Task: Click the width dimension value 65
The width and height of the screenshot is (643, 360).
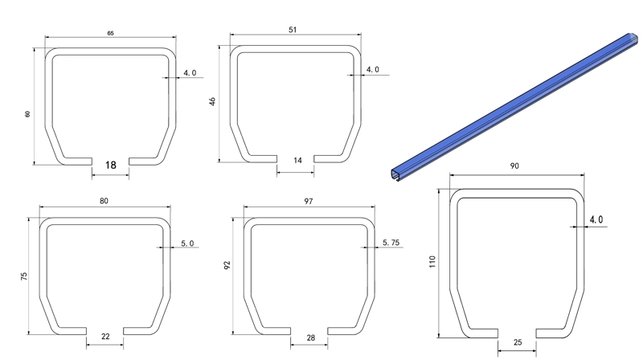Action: click(109, 33)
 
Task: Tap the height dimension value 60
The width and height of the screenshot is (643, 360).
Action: click(27, 114)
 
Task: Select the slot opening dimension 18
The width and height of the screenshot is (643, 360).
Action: click(110, 165)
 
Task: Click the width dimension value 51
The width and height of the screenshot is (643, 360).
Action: click(293, 30)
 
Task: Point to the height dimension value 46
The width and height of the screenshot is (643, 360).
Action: click(213, 103)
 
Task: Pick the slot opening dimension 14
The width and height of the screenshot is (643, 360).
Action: click(297, 161)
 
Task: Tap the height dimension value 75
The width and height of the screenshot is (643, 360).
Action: click(25, 276)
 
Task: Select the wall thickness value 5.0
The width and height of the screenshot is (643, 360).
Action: click(187, 243)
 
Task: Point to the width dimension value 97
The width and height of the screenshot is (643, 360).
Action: click(309, 201)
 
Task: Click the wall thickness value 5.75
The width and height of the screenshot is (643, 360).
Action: click(393, 243)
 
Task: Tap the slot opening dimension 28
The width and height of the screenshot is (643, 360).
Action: click(310, 338)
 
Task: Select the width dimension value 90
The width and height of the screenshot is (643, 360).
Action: click(514, 166)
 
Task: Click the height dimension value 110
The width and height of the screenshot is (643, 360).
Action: click(432, 261)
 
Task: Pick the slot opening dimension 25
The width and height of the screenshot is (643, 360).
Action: click(517, 342)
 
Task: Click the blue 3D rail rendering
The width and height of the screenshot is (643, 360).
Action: click(514, 104)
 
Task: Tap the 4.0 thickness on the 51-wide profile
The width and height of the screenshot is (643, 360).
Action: click(373, 70)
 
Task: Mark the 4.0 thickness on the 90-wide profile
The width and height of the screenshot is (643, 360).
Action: click(596, 219)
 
